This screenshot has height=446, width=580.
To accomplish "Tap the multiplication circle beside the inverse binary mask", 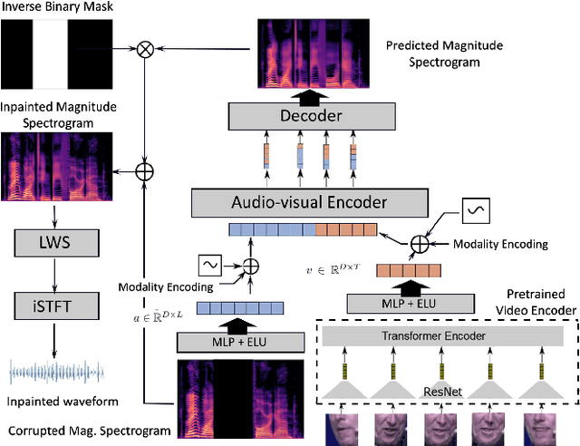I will pos(144,49).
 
